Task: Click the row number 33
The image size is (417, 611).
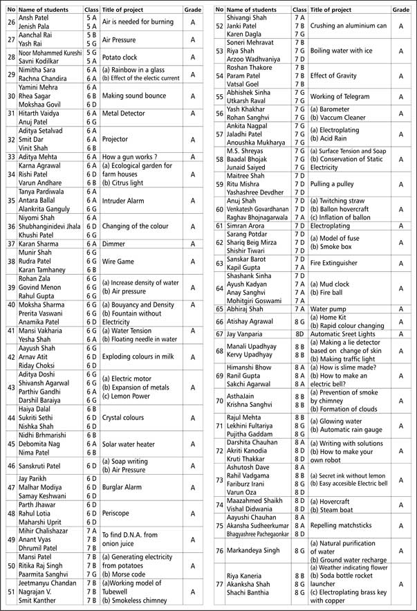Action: (x=10, y=157)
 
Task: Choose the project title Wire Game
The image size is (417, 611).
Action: (x=119, y=262)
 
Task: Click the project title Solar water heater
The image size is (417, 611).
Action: (x=131, y=443)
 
